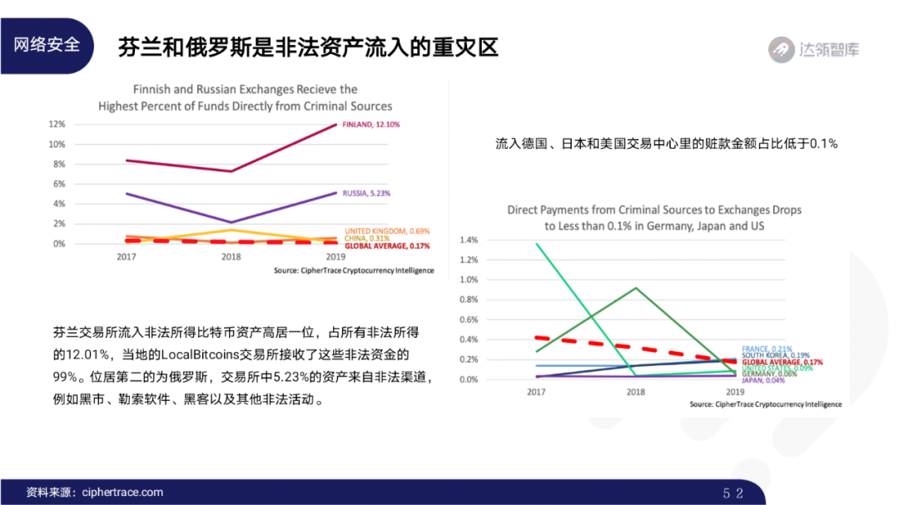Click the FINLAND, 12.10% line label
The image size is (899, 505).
(370, 124)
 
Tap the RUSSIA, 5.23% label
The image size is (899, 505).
(366, 193)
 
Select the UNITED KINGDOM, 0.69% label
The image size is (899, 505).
(386, 230)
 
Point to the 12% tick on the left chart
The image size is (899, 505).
(57, 124)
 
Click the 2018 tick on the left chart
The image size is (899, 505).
(231, 257)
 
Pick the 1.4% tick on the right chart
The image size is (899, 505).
(468, 240)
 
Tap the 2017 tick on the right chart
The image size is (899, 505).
(537, 391)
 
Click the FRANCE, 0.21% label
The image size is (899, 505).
(767, 349)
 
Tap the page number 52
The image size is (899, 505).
(733, 493)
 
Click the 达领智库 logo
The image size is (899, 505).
(814, 49)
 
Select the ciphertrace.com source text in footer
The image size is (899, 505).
(122, 493)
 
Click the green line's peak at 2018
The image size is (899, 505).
(635, 288)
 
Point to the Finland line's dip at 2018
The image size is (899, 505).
(231, 171)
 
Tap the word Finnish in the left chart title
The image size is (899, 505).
(155, 90)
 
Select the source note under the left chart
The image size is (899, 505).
(353, 271)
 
